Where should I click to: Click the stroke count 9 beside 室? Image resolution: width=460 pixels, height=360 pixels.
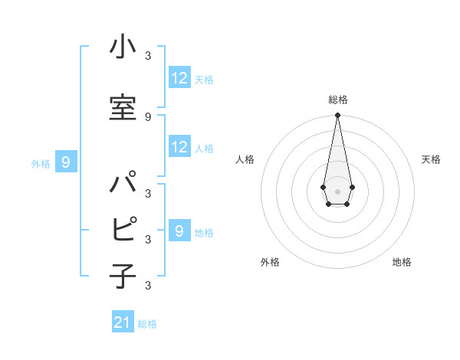click(148, 116)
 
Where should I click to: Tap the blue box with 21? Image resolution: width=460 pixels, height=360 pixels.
click(123, 322)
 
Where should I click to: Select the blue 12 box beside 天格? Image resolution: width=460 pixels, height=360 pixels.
click(179, 78)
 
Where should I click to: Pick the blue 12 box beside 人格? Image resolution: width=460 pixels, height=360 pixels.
click(179, 147)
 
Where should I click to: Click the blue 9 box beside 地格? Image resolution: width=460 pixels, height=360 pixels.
click(179, 231)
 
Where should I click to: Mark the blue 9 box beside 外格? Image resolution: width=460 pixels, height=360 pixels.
click(67, 162)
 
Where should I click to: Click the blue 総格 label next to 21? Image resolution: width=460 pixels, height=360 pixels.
click(147, 324)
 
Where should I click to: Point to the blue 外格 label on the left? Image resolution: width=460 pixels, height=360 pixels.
click(41, 163)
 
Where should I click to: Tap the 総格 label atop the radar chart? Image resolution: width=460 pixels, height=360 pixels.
click(337, 100)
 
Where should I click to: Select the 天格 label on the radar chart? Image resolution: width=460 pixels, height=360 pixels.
click(432, 159)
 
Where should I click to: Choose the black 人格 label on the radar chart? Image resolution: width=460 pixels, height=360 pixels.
click(244, 159)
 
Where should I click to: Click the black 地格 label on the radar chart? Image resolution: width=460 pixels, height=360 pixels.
click(402, 262)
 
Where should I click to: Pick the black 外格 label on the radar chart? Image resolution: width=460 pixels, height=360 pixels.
click(270, 262)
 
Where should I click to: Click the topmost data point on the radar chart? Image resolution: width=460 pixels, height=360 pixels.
click(337, 116)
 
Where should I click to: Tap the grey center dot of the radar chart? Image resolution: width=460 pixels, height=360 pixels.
click(337, 190)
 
